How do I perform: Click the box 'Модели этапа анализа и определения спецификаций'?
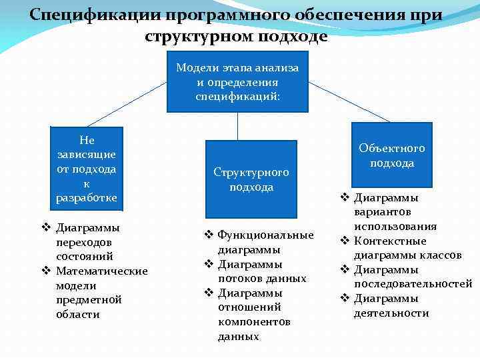(238, 82)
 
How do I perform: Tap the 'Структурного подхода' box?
(251, 179)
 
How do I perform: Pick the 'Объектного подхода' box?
(392, 155)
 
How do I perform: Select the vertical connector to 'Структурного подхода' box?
(238, 126)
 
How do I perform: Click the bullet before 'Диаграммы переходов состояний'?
(47, 227)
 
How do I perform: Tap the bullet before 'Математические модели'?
(47, 271)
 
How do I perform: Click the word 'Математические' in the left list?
(102, 271)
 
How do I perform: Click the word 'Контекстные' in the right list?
(390, 241)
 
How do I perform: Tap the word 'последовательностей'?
(413, 284)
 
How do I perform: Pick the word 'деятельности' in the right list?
(391, 313)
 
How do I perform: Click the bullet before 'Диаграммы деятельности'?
(345, 298)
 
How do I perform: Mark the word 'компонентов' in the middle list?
(254, 321)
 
